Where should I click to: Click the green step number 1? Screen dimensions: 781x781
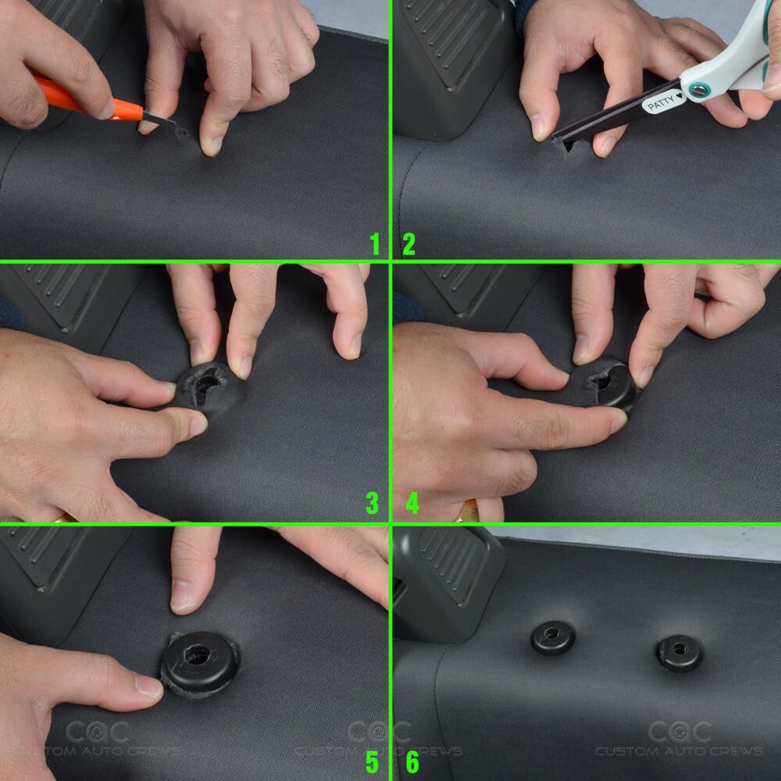point(375,244)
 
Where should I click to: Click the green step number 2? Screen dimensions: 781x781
point(408,244)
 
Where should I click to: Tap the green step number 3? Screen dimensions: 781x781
point(373,503)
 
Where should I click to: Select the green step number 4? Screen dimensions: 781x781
point(412,503)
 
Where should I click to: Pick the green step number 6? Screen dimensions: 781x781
point(412,761)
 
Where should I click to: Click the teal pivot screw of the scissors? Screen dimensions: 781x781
point(699,90)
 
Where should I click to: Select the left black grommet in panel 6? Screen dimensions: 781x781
point(553,637)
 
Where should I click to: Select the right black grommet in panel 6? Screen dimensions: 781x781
point(679,652)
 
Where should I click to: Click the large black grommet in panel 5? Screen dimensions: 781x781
point(200,663)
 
